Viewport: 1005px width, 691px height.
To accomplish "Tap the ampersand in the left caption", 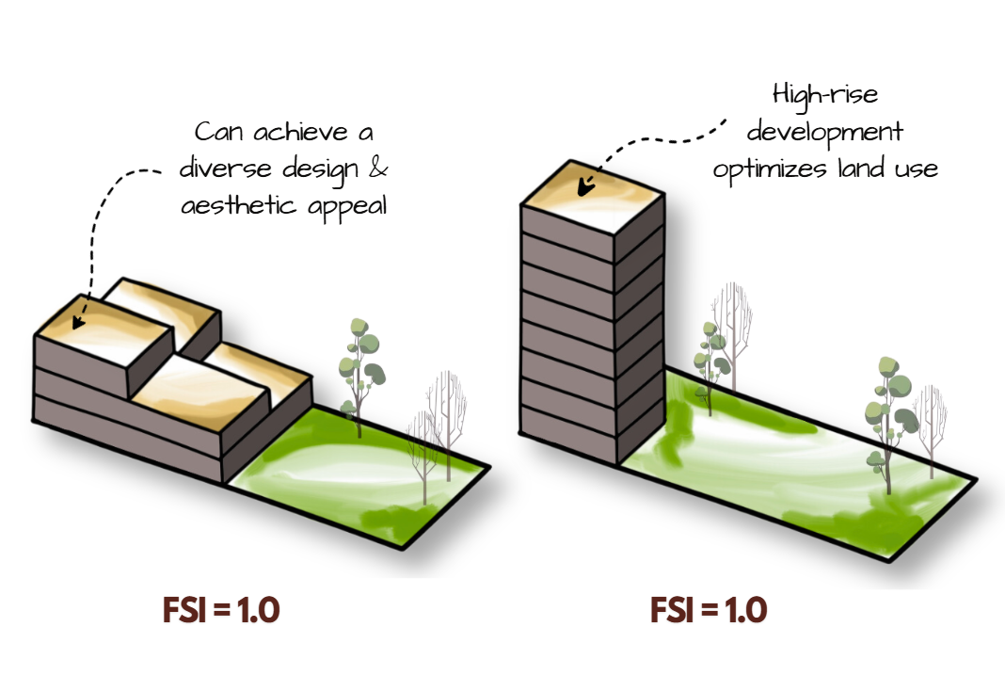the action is click(378, 168).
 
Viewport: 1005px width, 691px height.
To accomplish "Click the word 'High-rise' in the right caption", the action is click(825, 95).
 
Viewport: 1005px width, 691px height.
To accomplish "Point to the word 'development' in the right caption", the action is click(825, 134).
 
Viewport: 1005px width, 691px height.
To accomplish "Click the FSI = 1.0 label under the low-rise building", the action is click(221, 610).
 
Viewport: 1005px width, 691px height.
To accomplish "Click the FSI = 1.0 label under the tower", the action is click(709, 610).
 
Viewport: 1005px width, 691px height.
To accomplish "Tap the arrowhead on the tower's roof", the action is click(586, 185).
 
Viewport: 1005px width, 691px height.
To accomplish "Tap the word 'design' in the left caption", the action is click(320, 170).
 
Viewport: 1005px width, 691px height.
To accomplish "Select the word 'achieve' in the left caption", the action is click(301, 132).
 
